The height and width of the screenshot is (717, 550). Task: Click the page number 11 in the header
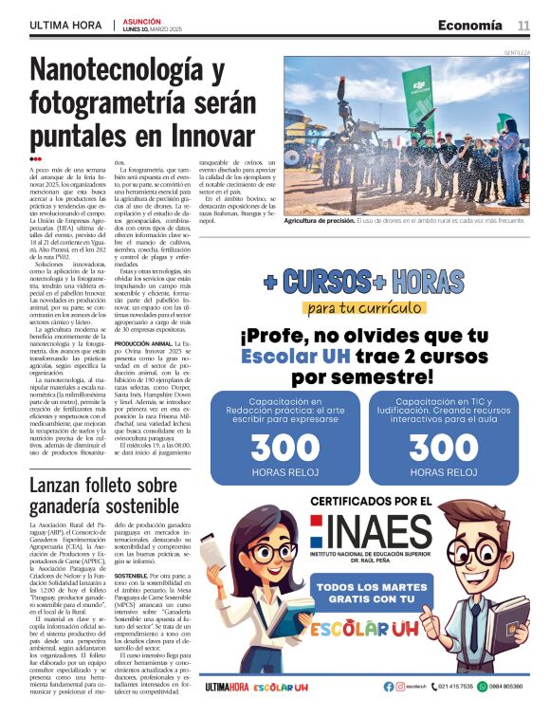[x=523, y=26]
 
